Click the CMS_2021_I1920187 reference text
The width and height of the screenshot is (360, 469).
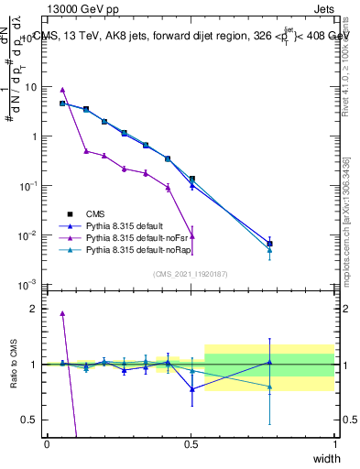[x=191, y=273]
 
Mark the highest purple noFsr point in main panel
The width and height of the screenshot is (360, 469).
[x=62, y=90]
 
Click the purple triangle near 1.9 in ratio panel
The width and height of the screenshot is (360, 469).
[x=62, y=313]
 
